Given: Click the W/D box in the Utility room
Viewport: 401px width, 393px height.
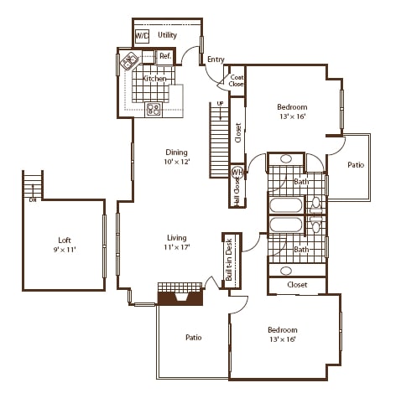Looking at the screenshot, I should [142, 37].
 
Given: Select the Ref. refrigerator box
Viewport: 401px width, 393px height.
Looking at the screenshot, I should [165, 57].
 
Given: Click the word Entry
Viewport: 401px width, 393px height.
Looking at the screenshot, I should [216, 59].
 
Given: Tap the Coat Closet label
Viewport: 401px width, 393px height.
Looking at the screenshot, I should [237, 80].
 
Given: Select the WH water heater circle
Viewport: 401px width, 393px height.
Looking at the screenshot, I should [237, 172].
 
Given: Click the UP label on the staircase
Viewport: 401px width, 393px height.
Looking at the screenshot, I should [220, 103].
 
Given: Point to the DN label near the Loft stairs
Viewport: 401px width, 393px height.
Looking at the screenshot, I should [33, 199].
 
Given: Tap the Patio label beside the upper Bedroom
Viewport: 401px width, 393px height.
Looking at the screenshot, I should [356, 165].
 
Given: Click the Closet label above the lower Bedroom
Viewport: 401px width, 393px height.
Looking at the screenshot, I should [297, 285].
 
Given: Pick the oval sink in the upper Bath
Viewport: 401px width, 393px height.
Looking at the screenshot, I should [286, 158].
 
